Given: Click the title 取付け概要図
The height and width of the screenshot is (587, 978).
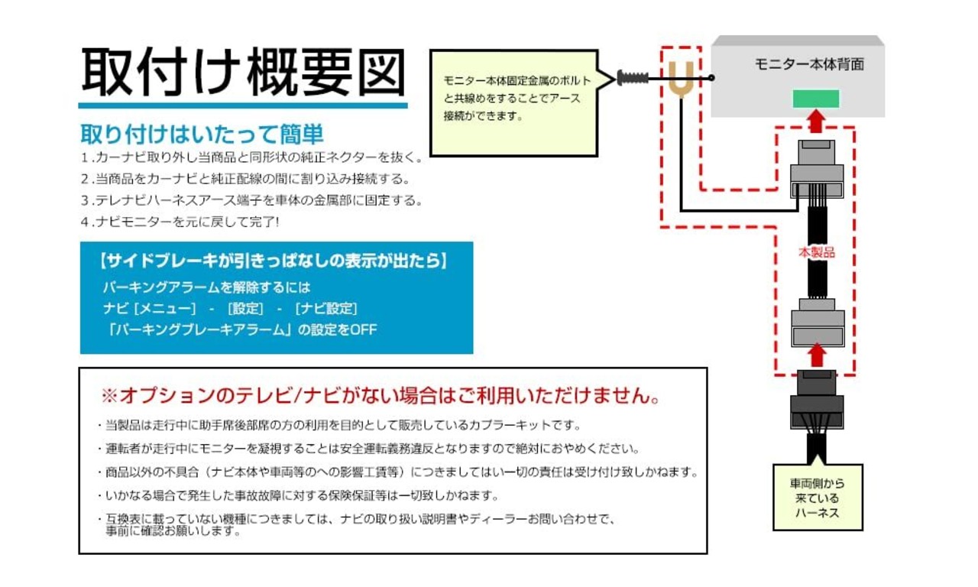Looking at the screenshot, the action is [x=243, y=72].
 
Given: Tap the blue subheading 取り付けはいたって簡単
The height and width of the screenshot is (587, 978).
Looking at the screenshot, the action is [x=202, y=134].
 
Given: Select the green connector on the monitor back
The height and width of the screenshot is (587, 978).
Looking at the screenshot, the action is [x=815, y=99].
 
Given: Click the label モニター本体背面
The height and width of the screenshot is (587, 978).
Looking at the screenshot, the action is [x=809, y=64].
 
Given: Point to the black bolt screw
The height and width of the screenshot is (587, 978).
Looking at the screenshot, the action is [x=633, y=78].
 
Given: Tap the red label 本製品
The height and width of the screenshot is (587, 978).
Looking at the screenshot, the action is [x=817, y=252].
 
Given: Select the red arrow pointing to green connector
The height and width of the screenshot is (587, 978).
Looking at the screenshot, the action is [x=815, y=121].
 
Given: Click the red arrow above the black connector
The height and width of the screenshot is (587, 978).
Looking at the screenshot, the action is [x=817, y=355].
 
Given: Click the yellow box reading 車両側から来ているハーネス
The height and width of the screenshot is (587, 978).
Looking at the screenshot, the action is [x=818, y=498].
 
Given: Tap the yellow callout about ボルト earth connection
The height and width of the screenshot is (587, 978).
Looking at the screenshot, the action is [x=514, y=103].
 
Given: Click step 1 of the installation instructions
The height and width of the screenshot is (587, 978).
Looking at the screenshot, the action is [x=252, y=157].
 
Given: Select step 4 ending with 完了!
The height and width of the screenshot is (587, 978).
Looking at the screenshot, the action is [x=180, y=222].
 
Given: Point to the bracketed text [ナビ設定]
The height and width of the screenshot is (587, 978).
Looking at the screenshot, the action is [x=326, y=309].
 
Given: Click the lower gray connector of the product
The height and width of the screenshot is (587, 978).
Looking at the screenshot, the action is [x=818, y=323].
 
